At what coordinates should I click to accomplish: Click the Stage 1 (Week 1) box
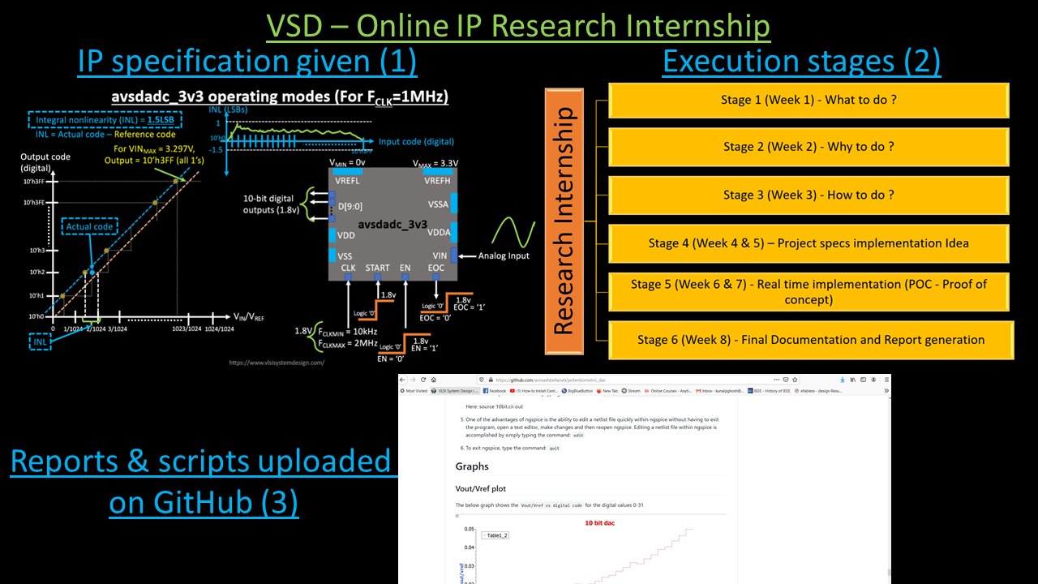809,101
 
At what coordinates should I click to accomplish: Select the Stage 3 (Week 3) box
809,195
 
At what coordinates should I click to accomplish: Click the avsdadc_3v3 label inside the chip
392,223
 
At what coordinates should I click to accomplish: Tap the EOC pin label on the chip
436,268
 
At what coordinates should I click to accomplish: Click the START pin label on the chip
377,268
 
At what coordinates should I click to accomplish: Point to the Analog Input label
504,255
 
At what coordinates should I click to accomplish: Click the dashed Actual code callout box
90,227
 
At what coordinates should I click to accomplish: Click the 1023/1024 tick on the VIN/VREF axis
187,328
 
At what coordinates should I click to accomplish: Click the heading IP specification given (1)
247,61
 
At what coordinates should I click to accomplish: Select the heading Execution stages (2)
801,61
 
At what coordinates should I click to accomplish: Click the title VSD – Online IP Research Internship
518,26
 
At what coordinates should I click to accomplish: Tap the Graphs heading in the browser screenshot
472,466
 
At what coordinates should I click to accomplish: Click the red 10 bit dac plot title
599,523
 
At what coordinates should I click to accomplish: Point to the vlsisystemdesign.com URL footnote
277,363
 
